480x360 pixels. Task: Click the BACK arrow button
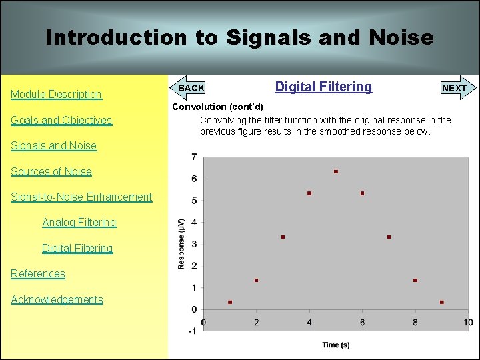tap(189, 88)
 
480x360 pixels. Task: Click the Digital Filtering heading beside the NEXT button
tap(323, 87)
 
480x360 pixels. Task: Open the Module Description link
tap(56, 95)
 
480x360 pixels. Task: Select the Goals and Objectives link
tap(61, 121)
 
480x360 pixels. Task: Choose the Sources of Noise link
tap(51, 172)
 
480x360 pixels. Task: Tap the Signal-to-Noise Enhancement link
tap(81, 197)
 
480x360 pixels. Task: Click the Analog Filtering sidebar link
tap(79, 223)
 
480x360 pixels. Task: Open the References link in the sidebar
tap(38, 274)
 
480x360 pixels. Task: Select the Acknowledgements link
tap(57, 300)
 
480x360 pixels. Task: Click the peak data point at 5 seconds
tap(336, 172)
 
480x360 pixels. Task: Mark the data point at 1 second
tap(230, 302)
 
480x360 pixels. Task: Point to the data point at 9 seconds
tap(442, 302)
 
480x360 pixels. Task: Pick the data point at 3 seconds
tap(283, 237)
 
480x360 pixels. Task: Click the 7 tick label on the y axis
tap(193, 157)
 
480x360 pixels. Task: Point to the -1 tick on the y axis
tap(191, 331)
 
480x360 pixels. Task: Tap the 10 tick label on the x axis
tap(468, 323)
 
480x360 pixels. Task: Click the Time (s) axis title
tap(335, 345)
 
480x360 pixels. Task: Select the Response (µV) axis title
tap(181, 243)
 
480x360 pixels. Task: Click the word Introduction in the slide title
tap(116, 37)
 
